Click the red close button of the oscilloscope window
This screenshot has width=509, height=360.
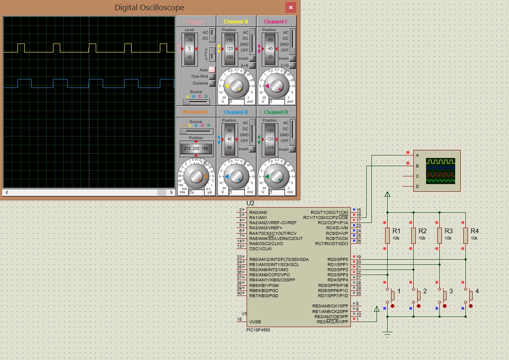[x=291, y=8]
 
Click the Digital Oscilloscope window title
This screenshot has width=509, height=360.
[x=149, y=8]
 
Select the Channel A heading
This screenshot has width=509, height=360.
[x=235, y=22]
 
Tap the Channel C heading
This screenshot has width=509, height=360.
[x=276, y=22]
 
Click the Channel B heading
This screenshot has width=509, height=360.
[x=235, y=112]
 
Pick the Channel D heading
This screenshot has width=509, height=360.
[x=276, y=112]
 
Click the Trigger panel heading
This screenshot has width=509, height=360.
[x=195, y=22]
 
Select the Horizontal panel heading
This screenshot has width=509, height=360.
[x=195, y=112]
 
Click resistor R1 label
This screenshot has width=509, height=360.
[x=396, y=231]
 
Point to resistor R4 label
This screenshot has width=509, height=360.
[x=474, y=231]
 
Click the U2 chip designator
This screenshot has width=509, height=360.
[x=250, y=204]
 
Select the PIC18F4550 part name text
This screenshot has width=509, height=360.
[x=259, y=330]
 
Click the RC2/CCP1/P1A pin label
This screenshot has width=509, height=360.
[x=332, y=222]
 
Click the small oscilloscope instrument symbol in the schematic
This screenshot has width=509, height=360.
[x=437, y=171]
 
